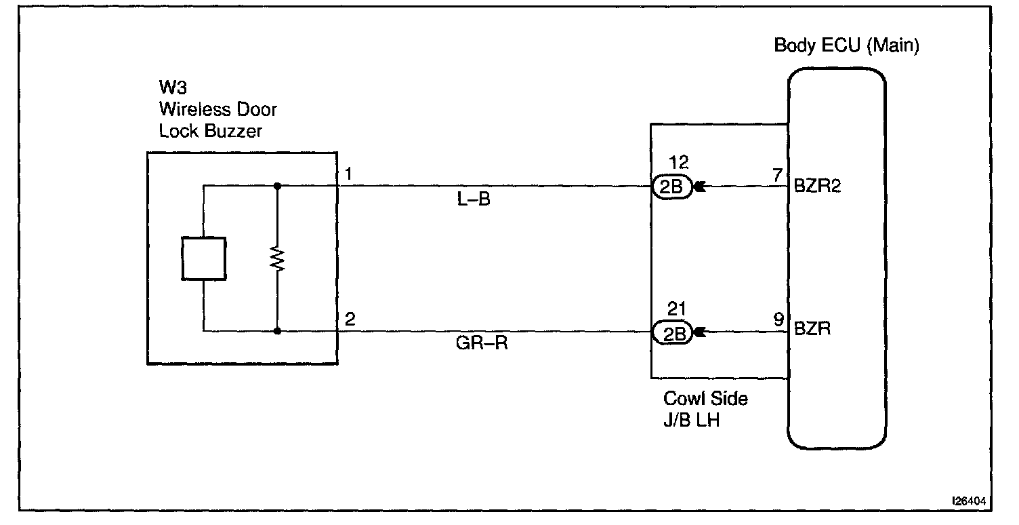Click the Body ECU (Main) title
(x=846, y=46)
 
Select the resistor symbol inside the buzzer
(x=277, y=259)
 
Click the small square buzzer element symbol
(x=203, y=258)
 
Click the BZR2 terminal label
(x=817, y=186)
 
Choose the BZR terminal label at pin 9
(x=812, y=330)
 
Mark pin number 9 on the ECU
(x=779, y=317)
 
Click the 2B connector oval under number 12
(x=671, y=187)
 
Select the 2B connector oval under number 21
(x=671, y=332)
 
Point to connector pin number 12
(x=678, y=163)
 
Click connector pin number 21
(x=678, y=309)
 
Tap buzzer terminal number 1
(x=348, y=174)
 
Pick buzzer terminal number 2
(x=349, y=319)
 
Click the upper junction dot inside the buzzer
(x=277, y=185)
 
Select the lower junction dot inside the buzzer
(x=277, y=332)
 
